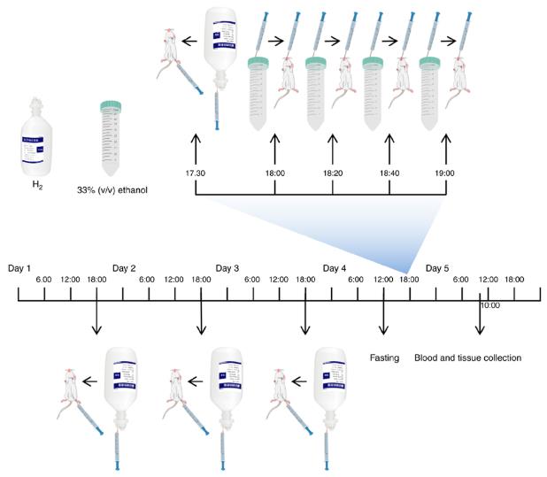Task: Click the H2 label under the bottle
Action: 37,188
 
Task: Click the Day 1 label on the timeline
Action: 19,267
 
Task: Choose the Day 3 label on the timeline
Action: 227,267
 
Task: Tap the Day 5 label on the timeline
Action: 438,267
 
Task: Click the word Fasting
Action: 384,358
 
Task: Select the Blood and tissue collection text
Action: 467,358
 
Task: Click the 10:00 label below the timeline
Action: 489,305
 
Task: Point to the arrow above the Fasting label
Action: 383,319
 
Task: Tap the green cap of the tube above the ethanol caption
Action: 111,105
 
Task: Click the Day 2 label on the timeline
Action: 124,267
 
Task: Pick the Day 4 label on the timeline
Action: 335,267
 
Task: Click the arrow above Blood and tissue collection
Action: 480,319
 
